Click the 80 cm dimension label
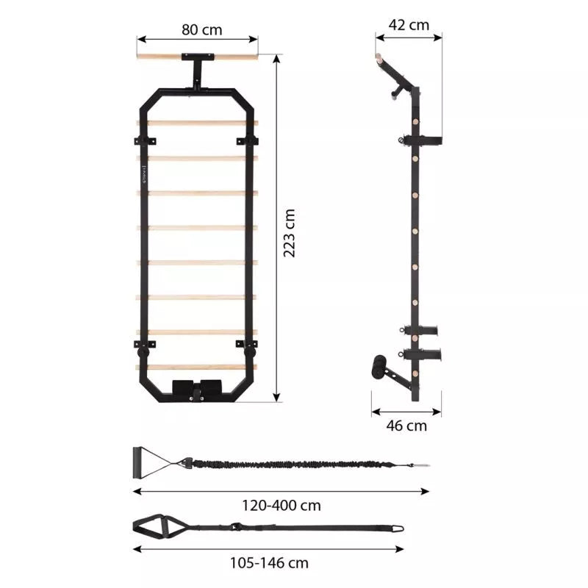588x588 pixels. coord(201,30)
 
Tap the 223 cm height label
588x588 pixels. coord(289,233)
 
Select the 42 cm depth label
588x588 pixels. coord(409,25)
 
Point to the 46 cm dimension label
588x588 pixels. coord(406,426)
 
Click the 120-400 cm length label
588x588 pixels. coord(282,506)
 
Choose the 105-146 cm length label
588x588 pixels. coord(269,563)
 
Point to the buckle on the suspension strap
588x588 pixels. coord(236,526)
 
